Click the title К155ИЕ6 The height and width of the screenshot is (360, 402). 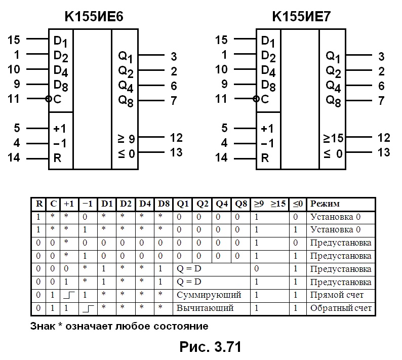point(94,16)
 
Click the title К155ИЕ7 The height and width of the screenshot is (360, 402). point(301,16)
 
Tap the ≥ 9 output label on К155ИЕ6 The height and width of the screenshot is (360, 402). point(126,139)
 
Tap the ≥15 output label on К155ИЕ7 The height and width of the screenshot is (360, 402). point(333,138)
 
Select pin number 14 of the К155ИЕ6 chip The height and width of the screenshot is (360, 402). point(14,157)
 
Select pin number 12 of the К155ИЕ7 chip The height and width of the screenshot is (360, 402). point(384,138)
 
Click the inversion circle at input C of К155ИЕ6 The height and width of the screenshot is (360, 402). point(48,99)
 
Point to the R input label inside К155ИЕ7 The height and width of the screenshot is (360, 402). point(265,158)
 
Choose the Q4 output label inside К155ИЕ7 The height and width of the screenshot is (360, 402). point(333,87)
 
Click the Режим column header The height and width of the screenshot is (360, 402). point(325,204)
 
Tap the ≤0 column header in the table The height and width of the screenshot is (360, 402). point(298,204)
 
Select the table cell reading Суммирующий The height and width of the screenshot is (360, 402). point(209,295)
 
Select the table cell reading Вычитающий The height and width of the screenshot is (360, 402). point(205,308)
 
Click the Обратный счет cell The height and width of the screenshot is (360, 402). point(341,308)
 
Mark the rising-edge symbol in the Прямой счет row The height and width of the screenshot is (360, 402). point(69,295)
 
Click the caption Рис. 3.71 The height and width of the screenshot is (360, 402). point(210,347)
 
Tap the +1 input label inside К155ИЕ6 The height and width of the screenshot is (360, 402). point(59,129)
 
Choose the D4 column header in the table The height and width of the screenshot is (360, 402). point(145,204)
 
